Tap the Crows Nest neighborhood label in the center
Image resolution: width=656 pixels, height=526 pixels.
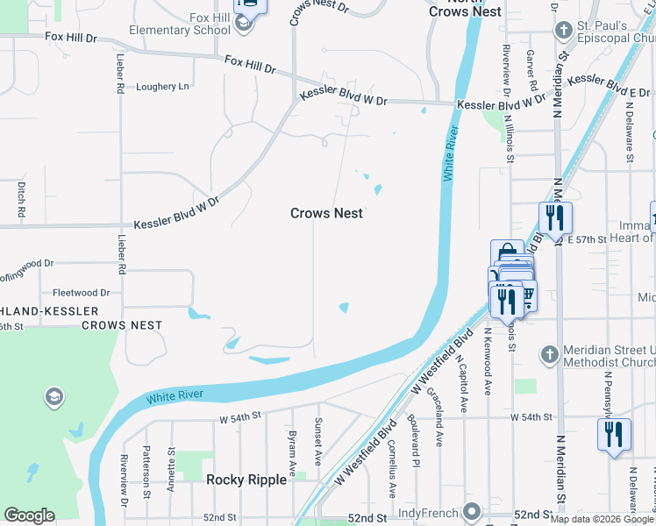pos(326,213)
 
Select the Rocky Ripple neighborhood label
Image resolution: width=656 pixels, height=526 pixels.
pos(246,480)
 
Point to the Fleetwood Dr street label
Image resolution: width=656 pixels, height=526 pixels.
pos(81,293)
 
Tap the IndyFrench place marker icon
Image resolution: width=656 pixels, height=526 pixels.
pos(473,510)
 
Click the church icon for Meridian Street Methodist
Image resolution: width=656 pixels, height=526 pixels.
pos(549,354)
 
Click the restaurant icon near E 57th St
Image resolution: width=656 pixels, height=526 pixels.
pos(555,217)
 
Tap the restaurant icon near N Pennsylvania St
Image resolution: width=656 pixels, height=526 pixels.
pos(613,434)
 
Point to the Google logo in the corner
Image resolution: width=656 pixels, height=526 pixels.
pos(29,515)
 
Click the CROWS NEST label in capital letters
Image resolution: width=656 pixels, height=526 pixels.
pos(122,324)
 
